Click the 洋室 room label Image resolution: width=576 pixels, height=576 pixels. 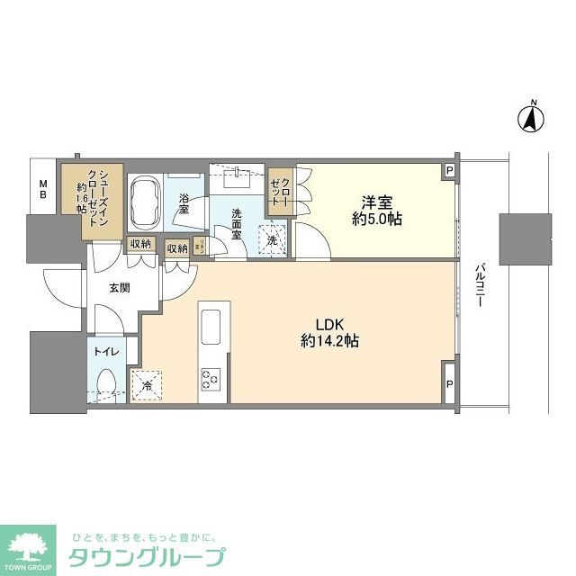click(x=377, y=202)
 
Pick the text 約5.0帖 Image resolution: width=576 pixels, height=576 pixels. click(x=377, y=220)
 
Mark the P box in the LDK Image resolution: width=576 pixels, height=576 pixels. click(x=449, y=382)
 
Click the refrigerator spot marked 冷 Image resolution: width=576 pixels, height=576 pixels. click(x=147, y=386)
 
